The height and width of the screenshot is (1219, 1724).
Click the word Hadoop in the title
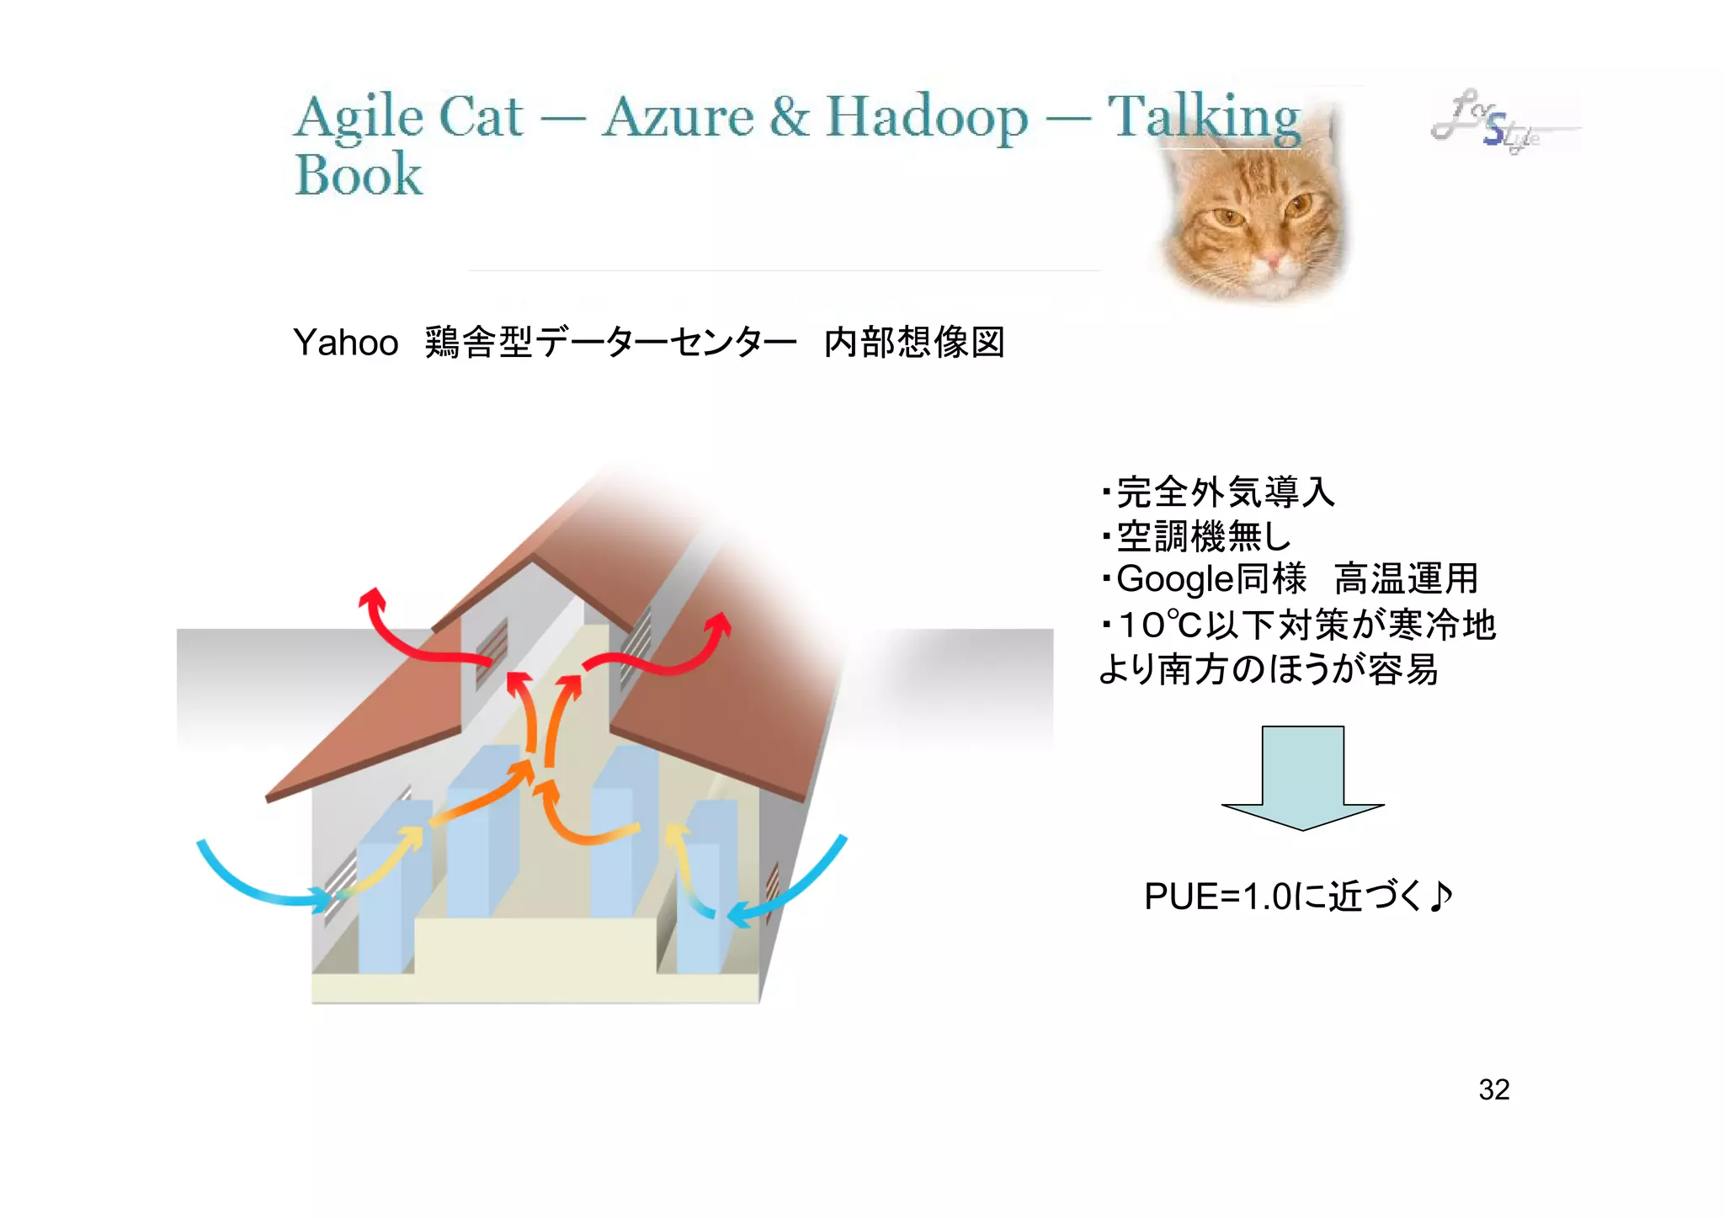pos(926,118)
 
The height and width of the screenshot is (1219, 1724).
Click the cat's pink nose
pos(1270,260)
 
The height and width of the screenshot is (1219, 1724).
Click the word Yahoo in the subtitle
pos(345,343)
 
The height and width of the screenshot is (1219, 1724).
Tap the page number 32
pos(1493,1089)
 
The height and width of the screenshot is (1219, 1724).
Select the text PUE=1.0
pos(1217,897)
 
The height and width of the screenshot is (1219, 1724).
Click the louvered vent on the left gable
pos(492,644)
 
